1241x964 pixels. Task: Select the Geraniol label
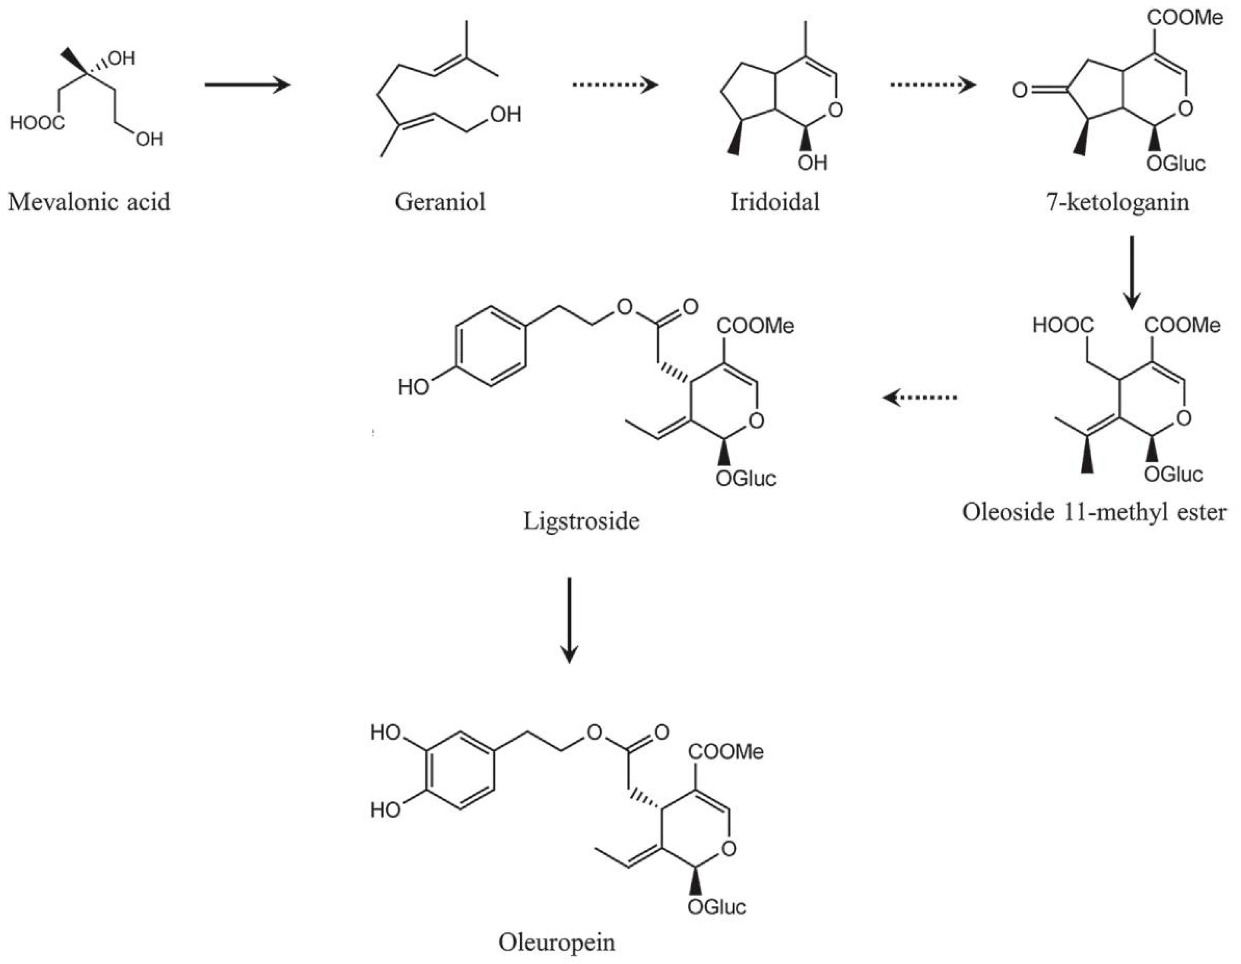[x=441, y=201]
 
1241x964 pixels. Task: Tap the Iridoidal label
[x=775, y=201]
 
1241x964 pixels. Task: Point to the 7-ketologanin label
[x=1117, y=201]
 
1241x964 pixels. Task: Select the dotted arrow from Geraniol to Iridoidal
[x=615, y=85]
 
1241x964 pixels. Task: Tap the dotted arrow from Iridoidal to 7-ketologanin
[x=932, y=85]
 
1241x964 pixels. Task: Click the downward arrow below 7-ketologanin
[x=1132, y=273]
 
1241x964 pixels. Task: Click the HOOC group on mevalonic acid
[x=38, y=123]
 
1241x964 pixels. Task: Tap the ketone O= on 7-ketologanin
[x=1021, y=90]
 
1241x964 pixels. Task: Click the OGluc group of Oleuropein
[x=717, y=907]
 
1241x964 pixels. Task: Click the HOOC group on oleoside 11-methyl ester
[x=1063, y=325]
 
